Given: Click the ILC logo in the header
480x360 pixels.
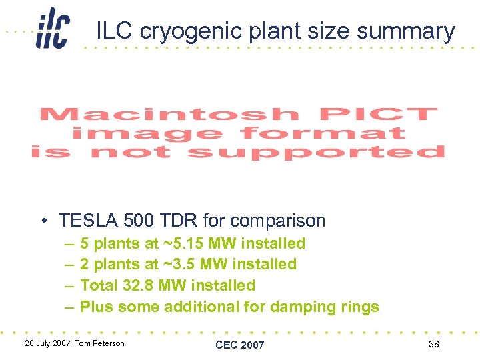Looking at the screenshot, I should point(53,28).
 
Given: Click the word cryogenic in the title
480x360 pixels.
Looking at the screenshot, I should point(191,32).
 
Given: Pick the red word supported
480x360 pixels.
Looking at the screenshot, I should point(316,153).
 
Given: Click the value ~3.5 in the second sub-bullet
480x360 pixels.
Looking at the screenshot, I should point(179,264).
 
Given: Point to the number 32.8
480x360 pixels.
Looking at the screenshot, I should point(138,285).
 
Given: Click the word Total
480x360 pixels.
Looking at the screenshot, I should point(99,285).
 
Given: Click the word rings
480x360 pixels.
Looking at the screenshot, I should point(359,307).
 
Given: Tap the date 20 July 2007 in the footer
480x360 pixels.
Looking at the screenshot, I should point(47,343).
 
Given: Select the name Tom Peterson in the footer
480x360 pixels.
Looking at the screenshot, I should point(99,343).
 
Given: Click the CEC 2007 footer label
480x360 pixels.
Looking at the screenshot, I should point(239,345).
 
